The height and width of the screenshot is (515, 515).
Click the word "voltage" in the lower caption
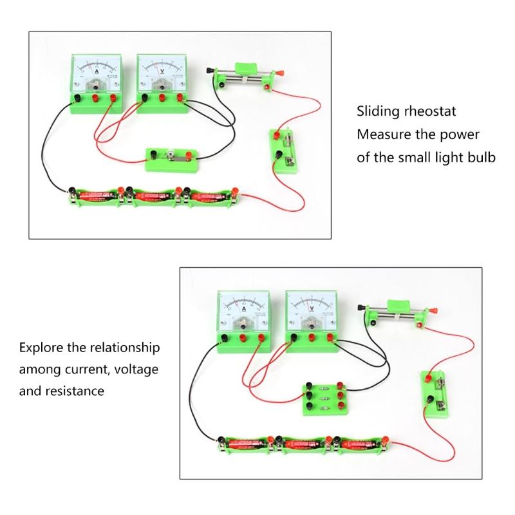135,370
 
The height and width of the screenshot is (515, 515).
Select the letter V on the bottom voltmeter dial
312,308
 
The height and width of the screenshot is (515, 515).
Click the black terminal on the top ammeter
77,98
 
